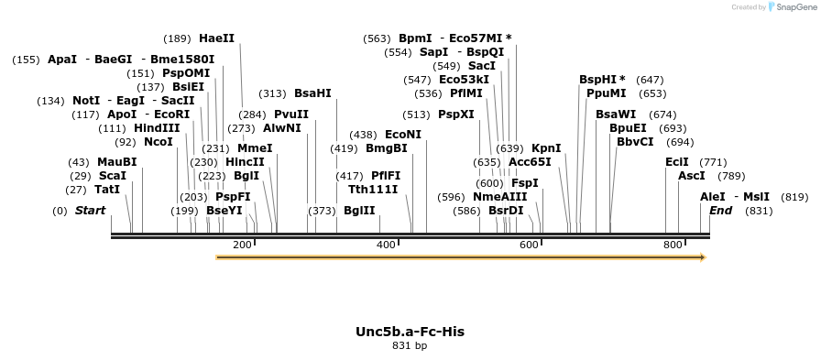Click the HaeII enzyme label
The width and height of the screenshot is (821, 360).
(216, 38)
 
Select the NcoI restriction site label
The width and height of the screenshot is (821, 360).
(158, 142)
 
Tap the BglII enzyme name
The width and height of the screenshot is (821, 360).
(359, 211)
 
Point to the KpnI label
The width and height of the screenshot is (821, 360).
(546, 147)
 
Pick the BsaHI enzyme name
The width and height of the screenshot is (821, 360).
(312, 93)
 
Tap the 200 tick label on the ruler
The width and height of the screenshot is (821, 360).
(242, 245)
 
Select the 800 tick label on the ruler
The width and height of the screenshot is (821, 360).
(673, 245)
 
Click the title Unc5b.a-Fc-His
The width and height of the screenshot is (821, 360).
(410, 332)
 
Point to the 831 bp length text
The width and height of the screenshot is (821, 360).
(410, 346)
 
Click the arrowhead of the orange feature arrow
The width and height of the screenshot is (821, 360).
(702, 258)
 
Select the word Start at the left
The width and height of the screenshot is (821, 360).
(90, 211)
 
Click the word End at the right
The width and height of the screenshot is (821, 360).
(721, 211)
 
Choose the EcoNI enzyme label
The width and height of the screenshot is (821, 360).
(403, 134)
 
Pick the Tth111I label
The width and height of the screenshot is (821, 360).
(373, 189)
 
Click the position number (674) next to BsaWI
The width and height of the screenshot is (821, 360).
(662, 115)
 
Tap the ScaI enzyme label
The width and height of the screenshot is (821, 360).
(112, 175)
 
